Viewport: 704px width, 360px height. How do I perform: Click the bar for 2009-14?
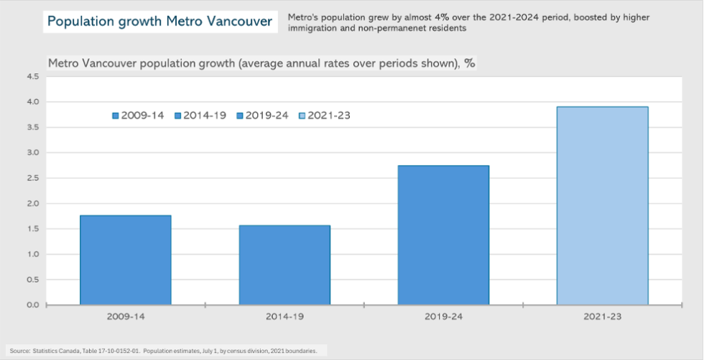coord(126,259)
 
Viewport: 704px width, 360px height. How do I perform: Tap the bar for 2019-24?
coord(443,235)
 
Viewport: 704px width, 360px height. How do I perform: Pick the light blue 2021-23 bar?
coord(603,206)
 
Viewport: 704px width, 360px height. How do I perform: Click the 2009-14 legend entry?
coord(139,116)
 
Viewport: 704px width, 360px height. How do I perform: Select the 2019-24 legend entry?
coord(262,116)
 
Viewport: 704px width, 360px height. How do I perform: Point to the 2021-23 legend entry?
coord(324,116)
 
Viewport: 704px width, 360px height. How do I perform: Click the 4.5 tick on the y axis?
coord(33,77)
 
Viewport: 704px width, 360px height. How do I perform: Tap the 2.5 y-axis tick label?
coord(33,178)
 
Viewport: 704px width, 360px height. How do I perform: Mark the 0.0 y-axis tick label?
coord(33,305)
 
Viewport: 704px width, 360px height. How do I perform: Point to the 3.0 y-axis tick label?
coord(33,153)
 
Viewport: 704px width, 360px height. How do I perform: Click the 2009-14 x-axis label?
coord(126,316)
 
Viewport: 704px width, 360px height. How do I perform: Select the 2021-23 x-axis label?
coord(603,316)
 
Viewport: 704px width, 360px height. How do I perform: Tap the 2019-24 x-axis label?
coord(443,316)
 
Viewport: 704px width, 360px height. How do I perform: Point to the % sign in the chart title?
coord(470,63)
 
